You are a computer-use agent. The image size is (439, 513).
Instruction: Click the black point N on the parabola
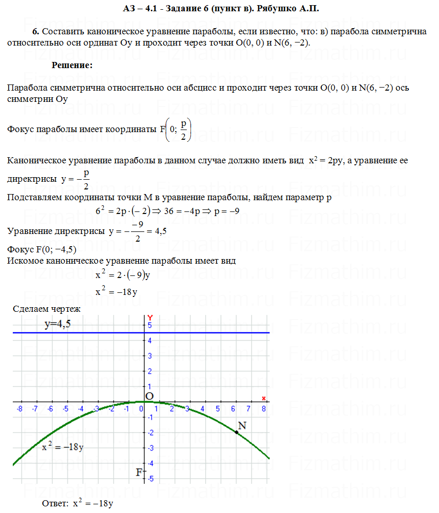coord(237,433)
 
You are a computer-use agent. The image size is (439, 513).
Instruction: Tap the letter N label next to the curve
coord(243,425)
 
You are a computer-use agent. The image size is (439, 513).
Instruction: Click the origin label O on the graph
coord(149,396)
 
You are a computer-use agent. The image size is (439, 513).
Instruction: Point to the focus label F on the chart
coord(138,472)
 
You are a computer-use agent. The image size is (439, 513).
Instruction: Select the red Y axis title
coord(150,318)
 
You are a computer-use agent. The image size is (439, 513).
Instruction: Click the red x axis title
coord(264,398)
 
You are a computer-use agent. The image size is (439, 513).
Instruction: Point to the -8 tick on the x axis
coord(19,409)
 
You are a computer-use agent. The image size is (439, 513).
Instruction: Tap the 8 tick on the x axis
coord(264,409)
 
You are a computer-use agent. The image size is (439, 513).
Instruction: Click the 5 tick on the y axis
coord(150,325)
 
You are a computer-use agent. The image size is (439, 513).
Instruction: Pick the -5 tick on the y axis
coord(150,478)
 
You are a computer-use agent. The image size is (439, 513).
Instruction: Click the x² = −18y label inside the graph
coord(63,447)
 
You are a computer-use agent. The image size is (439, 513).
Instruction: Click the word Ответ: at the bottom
coord(55,504)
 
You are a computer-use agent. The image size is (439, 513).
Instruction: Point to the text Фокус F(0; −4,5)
coord(42,250)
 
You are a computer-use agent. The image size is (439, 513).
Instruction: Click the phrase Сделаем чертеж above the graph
coord(47,309)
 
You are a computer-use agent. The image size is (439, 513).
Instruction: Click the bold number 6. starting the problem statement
coord(36,32)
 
